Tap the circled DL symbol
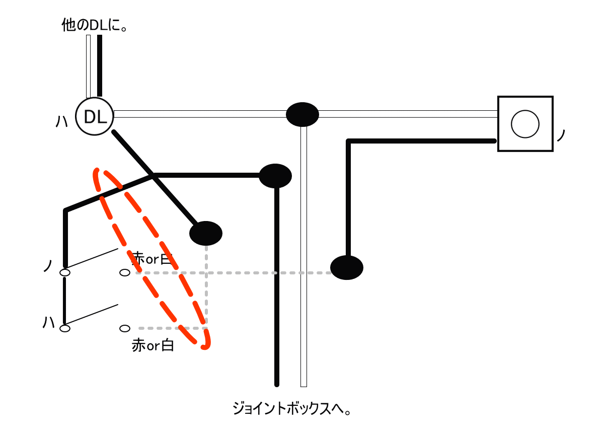(x=95, y=117)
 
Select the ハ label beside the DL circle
(x=61, y=121)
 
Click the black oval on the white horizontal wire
(x=302, y=114)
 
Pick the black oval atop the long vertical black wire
(x=275, y=176)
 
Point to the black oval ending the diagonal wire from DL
(x=206, y=233)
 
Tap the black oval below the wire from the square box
(x=347, y=267)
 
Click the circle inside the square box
(x=525, y=124)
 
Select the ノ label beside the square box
(x=562, y=135)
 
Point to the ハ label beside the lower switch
(x=49, y=322)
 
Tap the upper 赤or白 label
(x=153, y=259)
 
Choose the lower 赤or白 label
(x=153, y=345)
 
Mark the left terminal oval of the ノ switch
(x=65, y=273)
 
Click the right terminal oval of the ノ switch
(x=125, y=273)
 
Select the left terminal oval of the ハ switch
(x=65, y=328)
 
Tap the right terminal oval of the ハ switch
(x=125, y=328)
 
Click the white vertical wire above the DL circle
(x=89, y=65)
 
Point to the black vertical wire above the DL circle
(x=100, y=65)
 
